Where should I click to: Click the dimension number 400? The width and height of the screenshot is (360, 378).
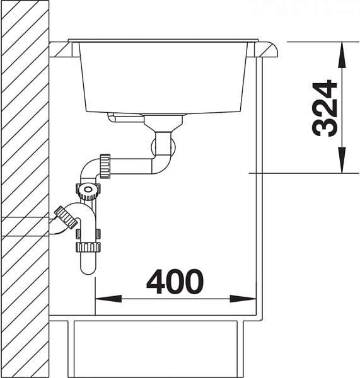click(175, 282)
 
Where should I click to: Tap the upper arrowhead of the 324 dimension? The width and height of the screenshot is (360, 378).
click(342, 55)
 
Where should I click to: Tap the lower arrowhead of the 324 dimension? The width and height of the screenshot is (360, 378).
click(342, 160)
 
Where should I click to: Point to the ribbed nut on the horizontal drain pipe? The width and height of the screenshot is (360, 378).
click(105, 166)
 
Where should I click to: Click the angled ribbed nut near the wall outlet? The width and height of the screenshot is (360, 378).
click(66, 217)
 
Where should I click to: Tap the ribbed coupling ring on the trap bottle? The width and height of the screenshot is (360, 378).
click(88, 247)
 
